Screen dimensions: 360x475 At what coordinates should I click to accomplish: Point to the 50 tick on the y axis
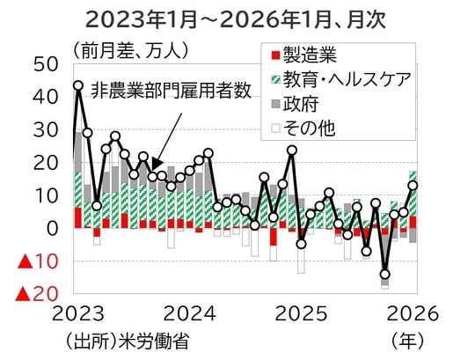(46, 64)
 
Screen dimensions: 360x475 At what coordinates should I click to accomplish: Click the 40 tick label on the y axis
(46, 97)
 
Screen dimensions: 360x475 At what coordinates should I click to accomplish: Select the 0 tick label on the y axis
(53, 228)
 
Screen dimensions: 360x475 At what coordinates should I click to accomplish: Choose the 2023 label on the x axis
(77, 314)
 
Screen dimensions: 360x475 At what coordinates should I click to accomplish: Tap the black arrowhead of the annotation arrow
(156, 164)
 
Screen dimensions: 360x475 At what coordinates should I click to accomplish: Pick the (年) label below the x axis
(406, 342)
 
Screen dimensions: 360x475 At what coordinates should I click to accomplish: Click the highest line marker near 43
(78, 86)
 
